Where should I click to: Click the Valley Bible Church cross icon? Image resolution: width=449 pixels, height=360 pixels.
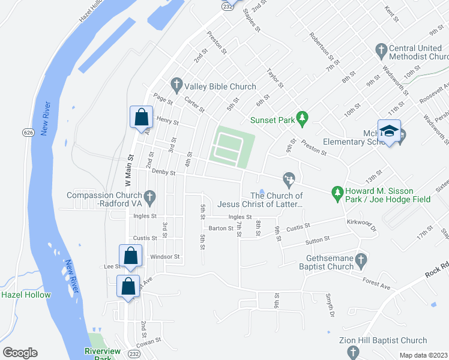[176, 83]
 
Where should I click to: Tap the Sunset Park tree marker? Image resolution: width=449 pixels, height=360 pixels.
[304, 119]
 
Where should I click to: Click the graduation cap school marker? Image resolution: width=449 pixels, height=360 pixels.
[390, 133]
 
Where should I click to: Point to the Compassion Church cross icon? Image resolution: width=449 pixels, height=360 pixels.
[150, 196]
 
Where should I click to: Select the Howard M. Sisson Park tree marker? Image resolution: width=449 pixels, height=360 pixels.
[337, 192]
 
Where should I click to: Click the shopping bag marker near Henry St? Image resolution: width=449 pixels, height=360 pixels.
[140, 116]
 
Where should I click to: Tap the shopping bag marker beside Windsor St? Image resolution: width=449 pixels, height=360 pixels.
[130, 255]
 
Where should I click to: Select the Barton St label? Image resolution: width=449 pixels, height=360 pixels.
[220, 228]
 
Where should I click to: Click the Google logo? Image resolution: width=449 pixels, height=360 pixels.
[20, 352]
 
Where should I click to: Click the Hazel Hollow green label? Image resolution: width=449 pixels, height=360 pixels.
[26, 295]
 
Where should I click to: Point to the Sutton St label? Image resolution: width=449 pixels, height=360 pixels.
[318, 239]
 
